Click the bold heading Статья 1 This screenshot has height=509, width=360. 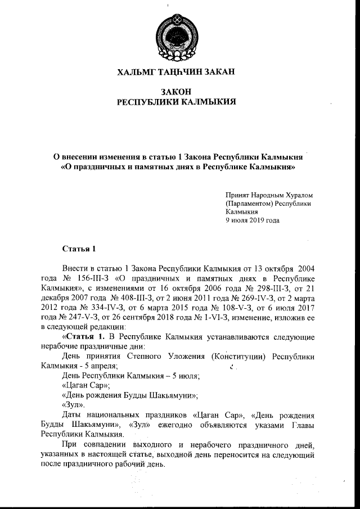tap(75, 248)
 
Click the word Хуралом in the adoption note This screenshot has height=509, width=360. tap(294, 194)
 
